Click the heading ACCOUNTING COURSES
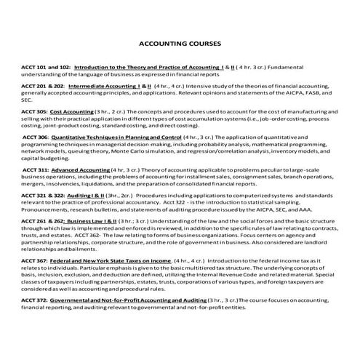(180, 43)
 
